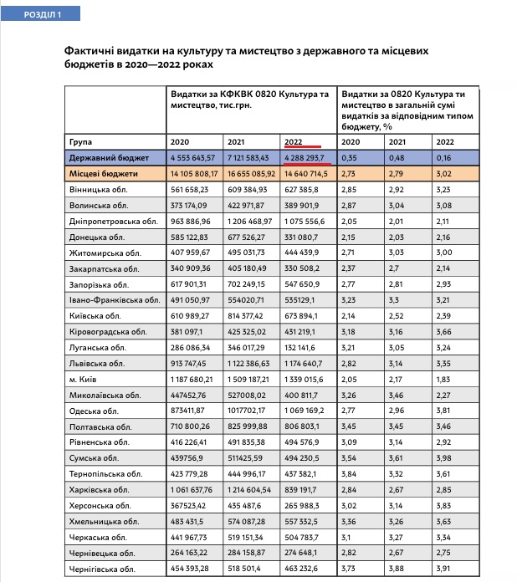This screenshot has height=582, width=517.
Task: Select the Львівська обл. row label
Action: coord(98,364)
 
